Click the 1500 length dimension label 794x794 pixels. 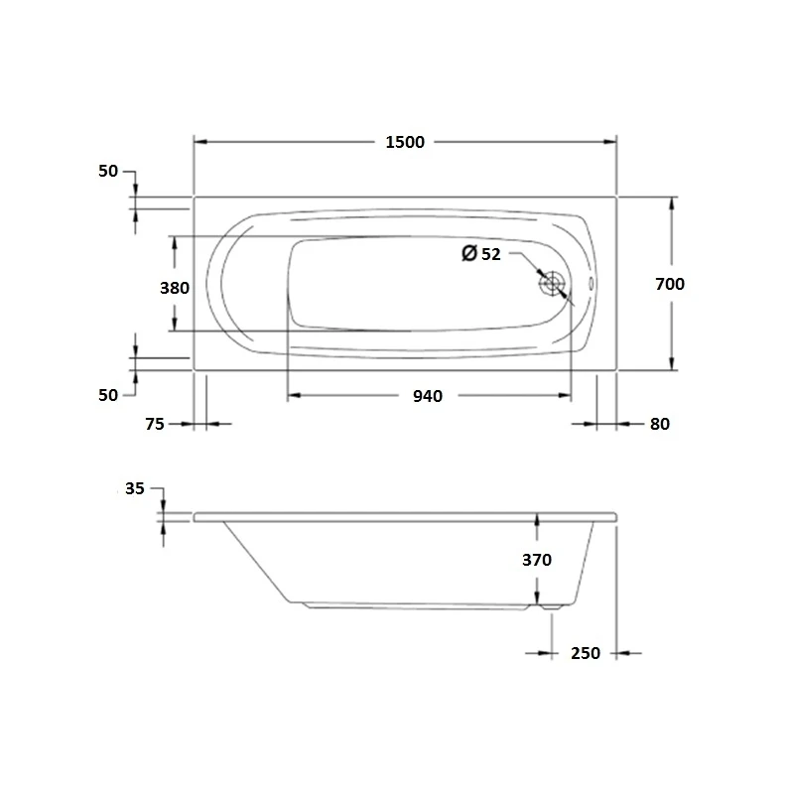(x=404, y=142)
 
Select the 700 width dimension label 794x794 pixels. (x=670, y=284)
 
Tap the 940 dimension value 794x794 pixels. (x=427, y=396)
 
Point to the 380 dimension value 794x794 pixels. (x=175, y=289)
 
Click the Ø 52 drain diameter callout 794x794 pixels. (x=481, y=254)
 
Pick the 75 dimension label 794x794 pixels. (x=154, y=424)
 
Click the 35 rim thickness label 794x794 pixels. (x=136, y=488)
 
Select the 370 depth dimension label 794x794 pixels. (x=536, y=560)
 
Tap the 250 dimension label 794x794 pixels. (x=586, y=653)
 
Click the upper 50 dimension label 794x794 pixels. (x=108, y=171)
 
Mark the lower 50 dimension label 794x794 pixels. (x=108, y=394)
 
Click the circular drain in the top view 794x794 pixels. (x=552, y=284)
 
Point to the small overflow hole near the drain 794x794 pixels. (x=592, y=284)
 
